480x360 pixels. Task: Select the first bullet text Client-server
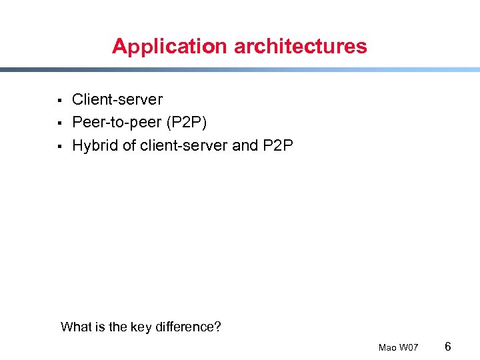(x=117, y=100)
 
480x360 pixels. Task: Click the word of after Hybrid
(x=129, y=145)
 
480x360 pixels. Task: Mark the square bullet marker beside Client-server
(x=59, y=101)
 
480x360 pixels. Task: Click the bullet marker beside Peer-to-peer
(x=59, y=123)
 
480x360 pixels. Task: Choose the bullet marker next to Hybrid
(x=59, y=146)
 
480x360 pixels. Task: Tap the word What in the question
(x=75, y=327)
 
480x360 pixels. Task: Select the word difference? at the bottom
(x=188, y=327)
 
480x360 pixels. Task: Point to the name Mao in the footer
(x=387, y=347)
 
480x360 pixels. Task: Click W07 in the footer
(x=409, y=347)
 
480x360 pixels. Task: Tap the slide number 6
(x=448, y=346)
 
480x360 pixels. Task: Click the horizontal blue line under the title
(x=240, y=69)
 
